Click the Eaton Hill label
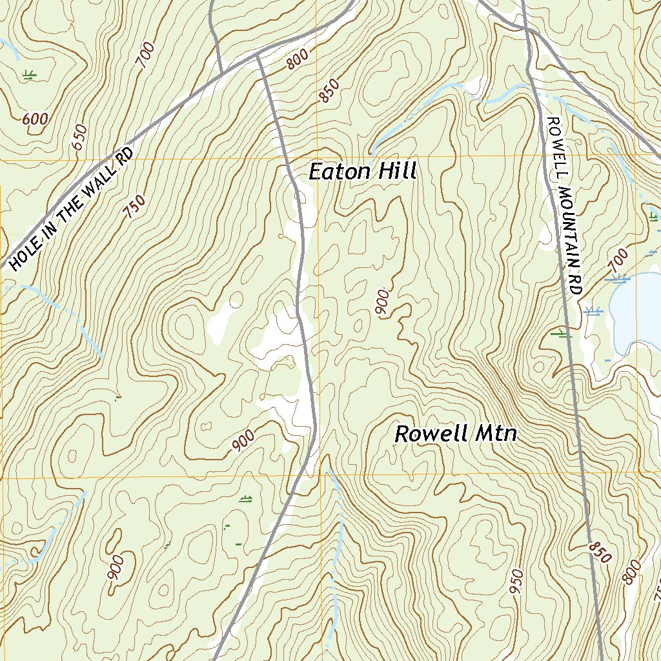363,172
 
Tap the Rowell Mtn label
456,434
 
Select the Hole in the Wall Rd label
72,208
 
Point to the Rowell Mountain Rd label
563,205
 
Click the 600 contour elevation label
35,119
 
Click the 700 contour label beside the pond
618,260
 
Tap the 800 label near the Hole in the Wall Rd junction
298,60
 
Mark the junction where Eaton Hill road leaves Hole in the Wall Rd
257,56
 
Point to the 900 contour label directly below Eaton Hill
382,303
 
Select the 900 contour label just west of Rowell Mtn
243,440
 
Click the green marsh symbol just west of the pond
561,334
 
